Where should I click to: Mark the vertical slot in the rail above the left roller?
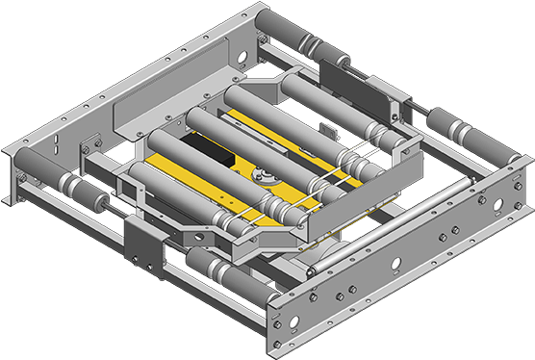(55, 146)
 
